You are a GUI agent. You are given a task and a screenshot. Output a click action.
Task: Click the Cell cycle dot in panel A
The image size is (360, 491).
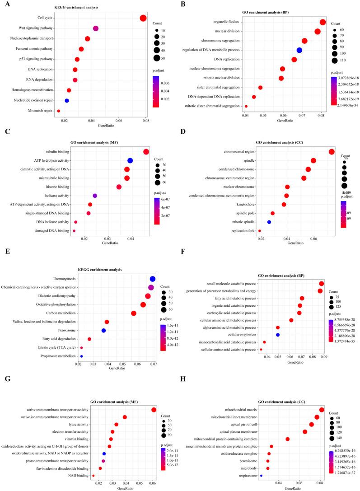(x=143, y=18)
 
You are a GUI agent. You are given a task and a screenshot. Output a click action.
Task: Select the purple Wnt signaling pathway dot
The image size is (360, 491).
(x=96, y=28)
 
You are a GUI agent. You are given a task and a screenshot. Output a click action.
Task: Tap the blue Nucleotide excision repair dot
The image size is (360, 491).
(x=67, y=88)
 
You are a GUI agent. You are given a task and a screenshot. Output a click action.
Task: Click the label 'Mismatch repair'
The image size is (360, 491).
(x=40, y=98)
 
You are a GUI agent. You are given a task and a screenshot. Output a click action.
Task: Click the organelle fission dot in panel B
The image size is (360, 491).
(x=323, y=22)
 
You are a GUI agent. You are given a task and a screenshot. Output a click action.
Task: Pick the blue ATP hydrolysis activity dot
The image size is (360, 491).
(x=130, y=160)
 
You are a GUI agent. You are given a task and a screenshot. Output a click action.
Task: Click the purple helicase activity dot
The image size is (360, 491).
(x=95, y=196)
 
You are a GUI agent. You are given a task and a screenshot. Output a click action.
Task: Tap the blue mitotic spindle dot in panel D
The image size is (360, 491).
(x=269, y=222)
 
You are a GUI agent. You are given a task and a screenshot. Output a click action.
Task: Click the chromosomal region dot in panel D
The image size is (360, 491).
(x=332, y=152)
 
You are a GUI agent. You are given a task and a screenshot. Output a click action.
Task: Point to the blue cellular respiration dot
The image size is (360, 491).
(x=278, y=335)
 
